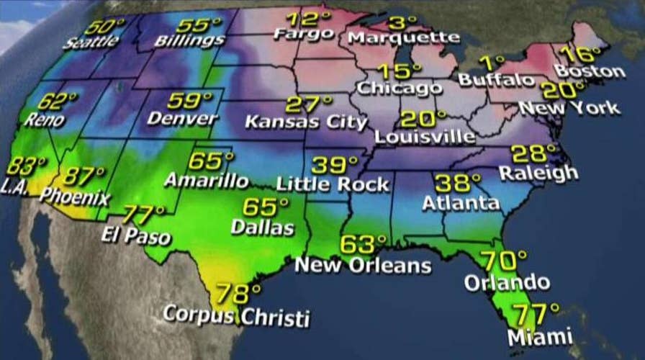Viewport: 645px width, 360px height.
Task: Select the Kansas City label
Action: [306, 122]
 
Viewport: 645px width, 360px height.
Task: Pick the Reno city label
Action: [43, 120]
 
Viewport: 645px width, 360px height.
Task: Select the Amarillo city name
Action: [206, 179]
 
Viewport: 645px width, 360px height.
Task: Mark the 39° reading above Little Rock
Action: [334, 165]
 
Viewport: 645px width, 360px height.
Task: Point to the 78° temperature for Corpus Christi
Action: [237, 294]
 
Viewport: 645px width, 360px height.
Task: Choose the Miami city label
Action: [540, 335]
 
